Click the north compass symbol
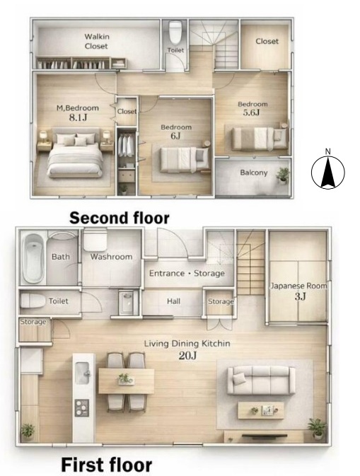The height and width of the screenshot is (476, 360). click(x=328, y=172)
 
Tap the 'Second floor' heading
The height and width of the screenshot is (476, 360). click(x=120, y=218)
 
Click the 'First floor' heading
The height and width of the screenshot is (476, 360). click(x=107, y=465)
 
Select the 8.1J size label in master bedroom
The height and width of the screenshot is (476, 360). click(x=78, y=117)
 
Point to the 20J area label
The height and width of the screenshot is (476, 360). click(x=187, y=355)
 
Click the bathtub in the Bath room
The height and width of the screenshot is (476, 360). click(x=33, y=259)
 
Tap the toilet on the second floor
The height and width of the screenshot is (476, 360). click(x=175, y=33)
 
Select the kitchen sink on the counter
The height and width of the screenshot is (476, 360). click(x=83, y=373)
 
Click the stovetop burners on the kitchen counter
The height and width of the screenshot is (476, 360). click(x=82, y=407)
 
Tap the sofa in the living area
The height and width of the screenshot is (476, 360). click(x=261, y=380)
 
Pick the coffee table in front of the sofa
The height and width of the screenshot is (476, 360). click(x=261, y=410)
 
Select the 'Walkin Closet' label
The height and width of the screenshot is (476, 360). click(x=96, y=41)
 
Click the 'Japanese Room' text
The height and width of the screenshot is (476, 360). click(x=298, y=286)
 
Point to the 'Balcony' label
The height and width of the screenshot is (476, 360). click(x=254, y=173)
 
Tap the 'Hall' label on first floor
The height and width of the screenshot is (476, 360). click(x=173, y=301)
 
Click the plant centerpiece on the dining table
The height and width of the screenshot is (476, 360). click(x=126, y=379)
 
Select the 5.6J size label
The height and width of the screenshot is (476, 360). click(x=251, y=112)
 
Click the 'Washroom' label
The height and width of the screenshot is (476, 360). click(x=112, y=257)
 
